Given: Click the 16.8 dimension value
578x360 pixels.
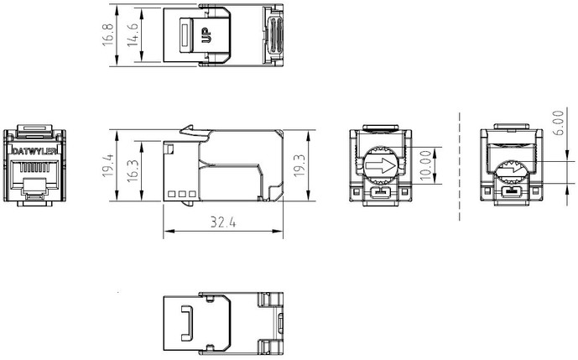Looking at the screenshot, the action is coord(108,34).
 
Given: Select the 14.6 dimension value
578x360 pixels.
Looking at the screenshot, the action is coord(133,34).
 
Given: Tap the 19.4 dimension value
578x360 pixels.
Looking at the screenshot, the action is coord(108,165).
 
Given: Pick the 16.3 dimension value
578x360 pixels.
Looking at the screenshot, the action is coord(133,170).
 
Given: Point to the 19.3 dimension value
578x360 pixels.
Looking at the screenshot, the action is coord(299,165).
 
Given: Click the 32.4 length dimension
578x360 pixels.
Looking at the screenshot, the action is coord(223,222).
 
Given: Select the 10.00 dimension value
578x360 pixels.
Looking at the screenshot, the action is coord(425,164).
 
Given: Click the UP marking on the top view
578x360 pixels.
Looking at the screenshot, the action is coord(207,35).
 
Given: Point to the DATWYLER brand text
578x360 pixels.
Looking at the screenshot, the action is coord(34,151).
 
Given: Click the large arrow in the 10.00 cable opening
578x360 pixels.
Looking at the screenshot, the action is coord(380,165).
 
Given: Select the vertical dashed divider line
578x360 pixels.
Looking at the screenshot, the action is coord(460,167).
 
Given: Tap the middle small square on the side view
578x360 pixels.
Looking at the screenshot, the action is coord(182,194).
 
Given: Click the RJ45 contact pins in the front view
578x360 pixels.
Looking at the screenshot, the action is coord(34,168).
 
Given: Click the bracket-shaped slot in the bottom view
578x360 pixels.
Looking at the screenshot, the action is coord(187,323).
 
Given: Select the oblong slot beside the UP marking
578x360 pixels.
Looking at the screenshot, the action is coord(185,35).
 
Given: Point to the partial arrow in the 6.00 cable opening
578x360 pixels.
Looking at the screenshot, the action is coord(513,170).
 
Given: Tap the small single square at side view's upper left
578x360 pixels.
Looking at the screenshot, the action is coord(170,149).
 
